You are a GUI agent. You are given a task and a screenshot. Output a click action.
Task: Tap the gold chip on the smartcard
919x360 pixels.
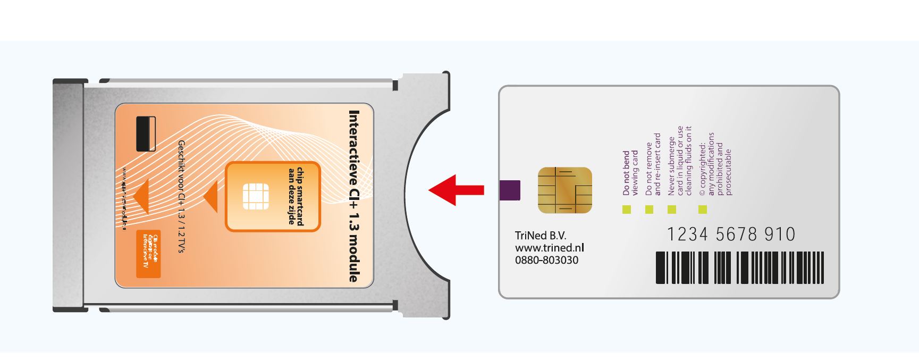pos(564,190)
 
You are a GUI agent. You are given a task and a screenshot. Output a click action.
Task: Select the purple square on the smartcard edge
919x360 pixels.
pos(510,190)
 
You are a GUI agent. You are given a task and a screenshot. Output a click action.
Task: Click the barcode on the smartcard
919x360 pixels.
pos(739,267)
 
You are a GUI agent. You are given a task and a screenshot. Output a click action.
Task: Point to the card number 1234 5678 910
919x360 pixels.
pos(731,234)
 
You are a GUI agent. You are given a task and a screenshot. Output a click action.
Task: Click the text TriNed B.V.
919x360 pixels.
pos(541,236)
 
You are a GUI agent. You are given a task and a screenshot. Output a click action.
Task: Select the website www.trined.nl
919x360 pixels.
pos(549,248)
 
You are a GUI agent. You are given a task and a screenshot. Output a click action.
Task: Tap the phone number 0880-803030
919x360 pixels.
pos(546,260)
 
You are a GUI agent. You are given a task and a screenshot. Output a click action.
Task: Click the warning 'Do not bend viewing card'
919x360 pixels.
pos(630,173)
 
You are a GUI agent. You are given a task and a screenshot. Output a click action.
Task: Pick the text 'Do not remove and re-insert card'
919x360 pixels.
pos(653,164)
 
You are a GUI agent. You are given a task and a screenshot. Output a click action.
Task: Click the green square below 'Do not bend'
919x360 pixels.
pos(627,210)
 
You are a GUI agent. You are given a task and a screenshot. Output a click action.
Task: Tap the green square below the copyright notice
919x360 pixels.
pos(703,210)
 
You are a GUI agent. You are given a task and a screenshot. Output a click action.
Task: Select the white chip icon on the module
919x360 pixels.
pos(256,196)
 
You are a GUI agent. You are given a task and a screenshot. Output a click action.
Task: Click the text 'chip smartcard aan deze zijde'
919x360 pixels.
pos(296,196)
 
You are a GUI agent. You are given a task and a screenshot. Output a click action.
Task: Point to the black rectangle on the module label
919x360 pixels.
pos(146,133)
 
